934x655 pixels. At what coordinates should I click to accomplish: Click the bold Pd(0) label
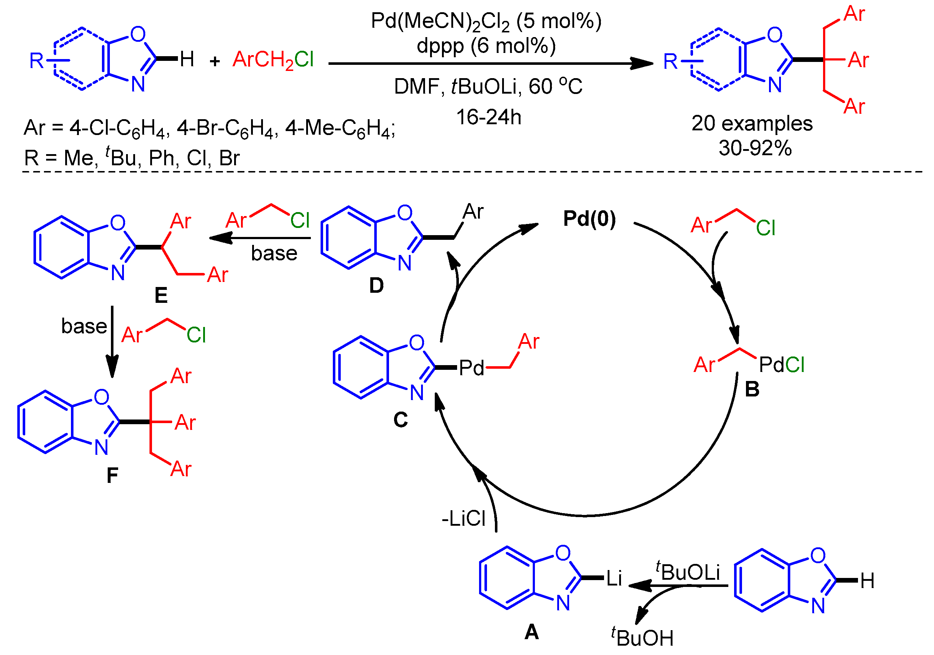click(x=589, y=219)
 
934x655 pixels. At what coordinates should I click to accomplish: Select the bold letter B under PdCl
click(x=752, y=390)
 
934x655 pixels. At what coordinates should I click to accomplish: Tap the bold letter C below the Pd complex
click(x=400, y=420)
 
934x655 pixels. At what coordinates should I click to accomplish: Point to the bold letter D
click(x=376, y=286)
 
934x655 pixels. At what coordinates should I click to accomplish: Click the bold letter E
click(x=161, y=295)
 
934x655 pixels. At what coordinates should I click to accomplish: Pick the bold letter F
click(x=112, y=475)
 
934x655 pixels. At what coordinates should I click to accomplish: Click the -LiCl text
click(x=463, y=519)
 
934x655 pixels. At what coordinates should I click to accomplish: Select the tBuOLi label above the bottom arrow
click(x=688, y=571)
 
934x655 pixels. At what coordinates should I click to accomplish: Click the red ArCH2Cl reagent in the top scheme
click(x=273, y=60)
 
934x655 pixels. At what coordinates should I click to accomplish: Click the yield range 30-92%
click(x=755, y=148)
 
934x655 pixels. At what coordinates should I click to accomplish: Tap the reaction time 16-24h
click(x=488, y=117)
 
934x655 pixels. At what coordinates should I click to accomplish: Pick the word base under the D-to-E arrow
click(x=274, y=253)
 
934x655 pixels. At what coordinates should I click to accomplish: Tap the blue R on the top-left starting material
click(x=36, y=61)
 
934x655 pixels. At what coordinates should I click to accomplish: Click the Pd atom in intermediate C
click(x=471, y=368)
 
